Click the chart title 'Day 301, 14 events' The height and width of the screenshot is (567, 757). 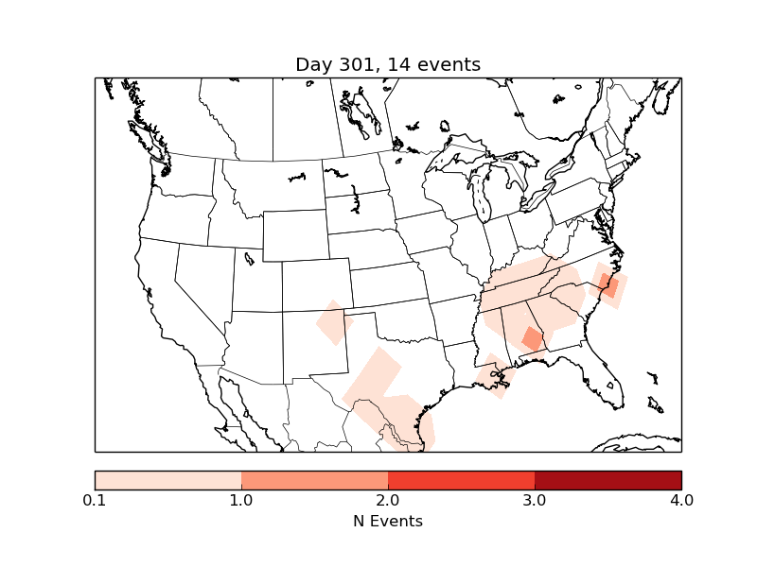click(x=388, y=64)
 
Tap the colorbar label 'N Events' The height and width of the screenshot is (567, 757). click(x=388, y=521)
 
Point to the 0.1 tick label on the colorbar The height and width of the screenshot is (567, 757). click(x=95, y=500)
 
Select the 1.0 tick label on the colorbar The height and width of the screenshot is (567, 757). click(x=241, y=500)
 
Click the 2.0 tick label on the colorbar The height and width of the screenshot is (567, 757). click(x=388, y=500)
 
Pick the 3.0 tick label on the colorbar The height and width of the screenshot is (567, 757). click(x=535, y=500)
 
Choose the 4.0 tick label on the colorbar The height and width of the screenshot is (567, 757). click(x=681, y=500)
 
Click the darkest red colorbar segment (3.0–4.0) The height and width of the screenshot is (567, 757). click(x=607, y=479)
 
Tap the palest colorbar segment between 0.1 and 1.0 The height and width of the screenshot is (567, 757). click(x=168, y=479)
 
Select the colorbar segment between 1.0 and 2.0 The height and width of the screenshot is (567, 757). click(x=315, y=479)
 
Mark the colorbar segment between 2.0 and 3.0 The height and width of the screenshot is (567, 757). click(x=462, y=479)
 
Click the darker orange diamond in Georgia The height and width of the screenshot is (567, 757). click(x=533, y=337)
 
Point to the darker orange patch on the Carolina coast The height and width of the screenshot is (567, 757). click(x=608, y=284)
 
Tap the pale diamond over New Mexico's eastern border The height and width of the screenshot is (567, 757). click(x=333, y=322)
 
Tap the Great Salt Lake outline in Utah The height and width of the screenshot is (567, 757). click(x=249, y=256)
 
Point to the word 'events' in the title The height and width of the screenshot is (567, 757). click(x=449, y=64)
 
